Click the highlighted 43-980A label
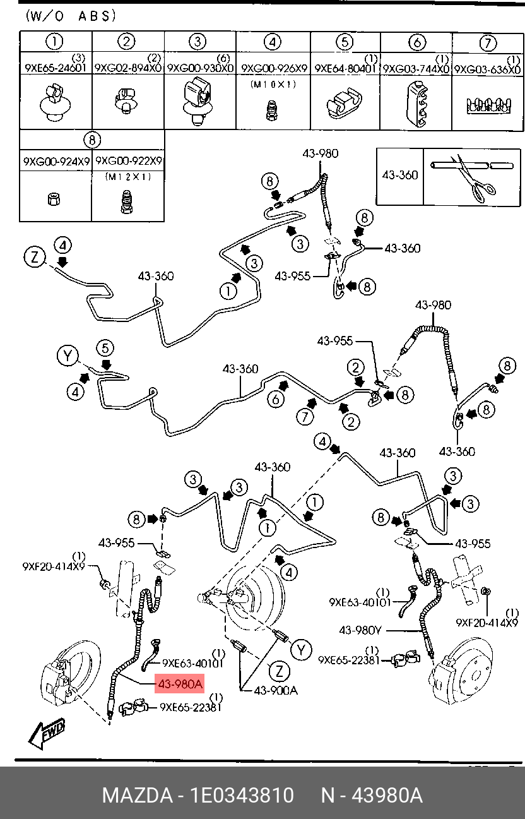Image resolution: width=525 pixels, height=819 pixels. coord(179,683)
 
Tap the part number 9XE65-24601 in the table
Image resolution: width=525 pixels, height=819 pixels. coord(55,68)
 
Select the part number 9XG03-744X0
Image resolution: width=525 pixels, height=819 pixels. coord(416,69)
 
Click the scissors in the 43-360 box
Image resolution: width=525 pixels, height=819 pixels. coord(474,178)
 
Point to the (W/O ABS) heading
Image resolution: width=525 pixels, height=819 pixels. coord(71,16)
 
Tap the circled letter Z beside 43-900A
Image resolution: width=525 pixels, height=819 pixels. coord(279,671)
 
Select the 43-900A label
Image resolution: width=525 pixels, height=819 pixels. coord(276,690)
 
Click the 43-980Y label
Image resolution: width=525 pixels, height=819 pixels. coord(360,630)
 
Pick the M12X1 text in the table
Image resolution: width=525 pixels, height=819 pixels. coord(128,177)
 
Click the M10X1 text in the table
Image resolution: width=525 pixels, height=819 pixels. coord(273,85)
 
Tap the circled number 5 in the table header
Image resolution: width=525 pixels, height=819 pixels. coord(345,42)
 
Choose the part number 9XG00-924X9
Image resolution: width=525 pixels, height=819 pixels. coord(56,161)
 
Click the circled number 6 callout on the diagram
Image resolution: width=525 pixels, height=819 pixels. coord(276,398)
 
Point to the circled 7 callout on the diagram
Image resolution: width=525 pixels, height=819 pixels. coord(304,417)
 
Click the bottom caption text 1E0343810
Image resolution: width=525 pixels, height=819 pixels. coord(242,795)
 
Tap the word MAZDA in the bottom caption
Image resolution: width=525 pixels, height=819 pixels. coord(137,795)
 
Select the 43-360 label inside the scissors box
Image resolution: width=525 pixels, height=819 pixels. coord(399,175)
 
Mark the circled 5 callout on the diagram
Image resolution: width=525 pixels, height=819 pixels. coord(105,349)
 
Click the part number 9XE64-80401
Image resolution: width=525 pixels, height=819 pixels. coord(345,68)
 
